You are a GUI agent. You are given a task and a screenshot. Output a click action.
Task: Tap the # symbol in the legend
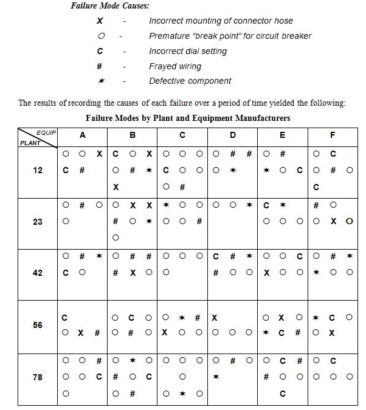coord(99,66)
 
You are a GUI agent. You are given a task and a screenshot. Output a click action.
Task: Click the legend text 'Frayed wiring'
coord(175,66)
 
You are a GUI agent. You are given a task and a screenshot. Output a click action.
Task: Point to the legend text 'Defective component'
coord(190,81)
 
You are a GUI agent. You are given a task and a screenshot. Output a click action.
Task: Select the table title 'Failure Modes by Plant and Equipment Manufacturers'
coord(188,117)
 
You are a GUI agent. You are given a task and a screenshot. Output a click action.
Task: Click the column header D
coord(233,135)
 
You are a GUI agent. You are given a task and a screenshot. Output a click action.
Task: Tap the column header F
coord(332,135)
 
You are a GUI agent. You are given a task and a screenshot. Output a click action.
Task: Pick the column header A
coord(83,135)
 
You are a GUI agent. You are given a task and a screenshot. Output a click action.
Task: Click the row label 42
coord(38,273)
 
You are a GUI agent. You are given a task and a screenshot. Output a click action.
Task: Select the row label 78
coord(38,377)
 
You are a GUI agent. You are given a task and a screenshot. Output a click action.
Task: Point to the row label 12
coord(38,170)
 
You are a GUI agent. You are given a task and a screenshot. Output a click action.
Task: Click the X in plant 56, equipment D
coord(215,316)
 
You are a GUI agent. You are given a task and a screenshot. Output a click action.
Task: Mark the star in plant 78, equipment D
coord(216,377)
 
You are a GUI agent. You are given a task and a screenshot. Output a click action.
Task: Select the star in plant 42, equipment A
coord(98,256)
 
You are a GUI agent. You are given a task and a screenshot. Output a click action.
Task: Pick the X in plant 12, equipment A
coord(98,154)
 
